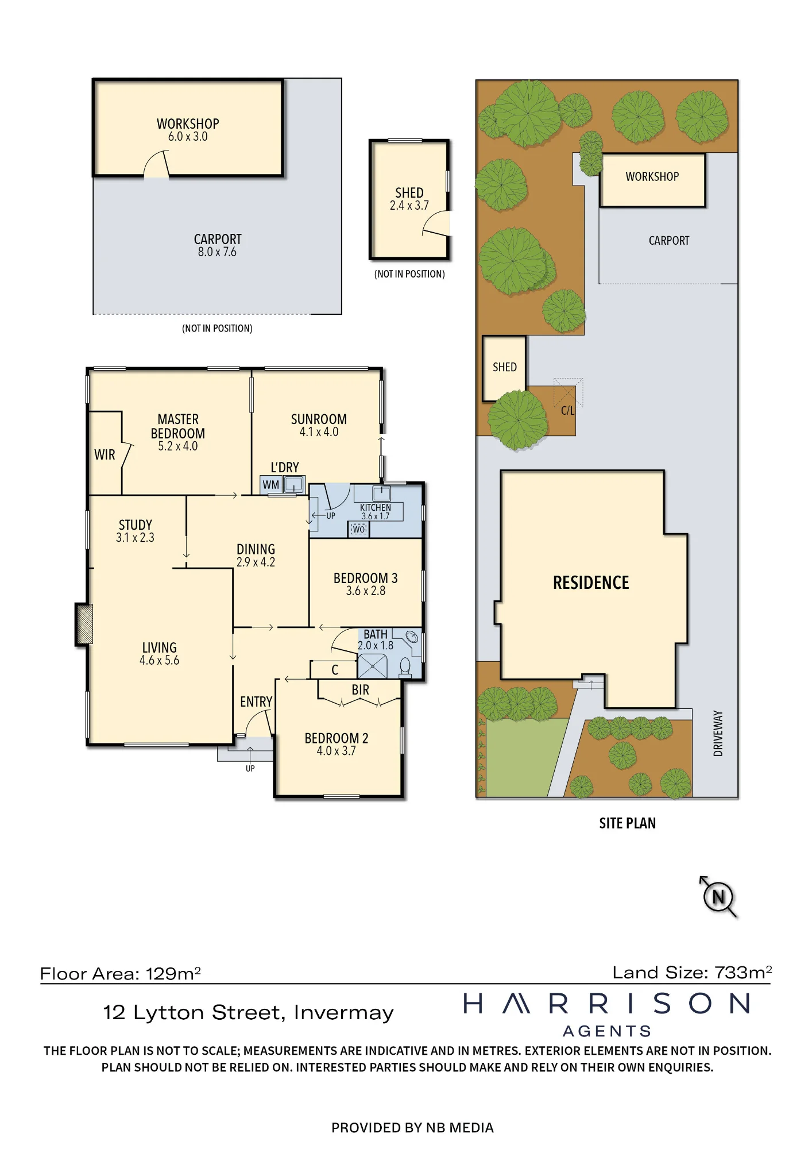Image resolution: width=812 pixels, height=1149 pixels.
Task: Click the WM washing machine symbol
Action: click(271, 484)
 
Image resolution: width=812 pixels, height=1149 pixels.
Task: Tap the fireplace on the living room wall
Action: click(84, 623)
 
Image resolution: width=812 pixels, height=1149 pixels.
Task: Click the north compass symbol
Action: click(718, 897)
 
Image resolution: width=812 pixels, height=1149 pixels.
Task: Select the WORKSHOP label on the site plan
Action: click(652, 176)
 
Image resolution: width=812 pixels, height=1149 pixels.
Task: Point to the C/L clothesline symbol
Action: click(568, 394)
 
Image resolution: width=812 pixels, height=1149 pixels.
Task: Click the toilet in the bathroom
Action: click(405, 667)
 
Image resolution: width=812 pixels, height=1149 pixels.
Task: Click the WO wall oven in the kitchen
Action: click(359, 529)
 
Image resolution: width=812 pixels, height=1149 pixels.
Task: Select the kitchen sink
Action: click(382, 493)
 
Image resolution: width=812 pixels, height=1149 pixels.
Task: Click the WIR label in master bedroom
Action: click(105, 455)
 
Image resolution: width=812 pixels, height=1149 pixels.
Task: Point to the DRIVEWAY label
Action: click(718, 733)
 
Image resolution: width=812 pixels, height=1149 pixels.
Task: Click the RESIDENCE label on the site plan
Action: click(591, 583)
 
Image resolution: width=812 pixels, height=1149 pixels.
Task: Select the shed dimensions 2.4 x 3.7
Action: click(409, 206)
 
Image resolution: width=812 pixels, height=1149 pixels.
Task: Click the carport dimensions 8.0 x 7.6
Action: click(217, 252)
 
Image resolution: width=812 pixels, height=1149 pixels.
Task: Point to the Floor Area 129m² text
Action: click(121, 974)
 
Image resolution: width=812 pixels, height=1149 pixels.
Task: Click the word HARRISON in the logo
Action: click(606, 1004)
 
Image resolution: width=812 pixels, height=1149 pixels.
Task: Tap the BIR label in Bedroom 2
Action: click(361, 690)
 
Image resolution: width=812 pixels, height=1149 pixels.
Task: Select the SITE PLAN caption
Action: click(627, 823)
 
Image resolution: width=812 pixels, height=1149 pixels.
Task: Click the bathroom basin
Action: click(412, 637)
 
